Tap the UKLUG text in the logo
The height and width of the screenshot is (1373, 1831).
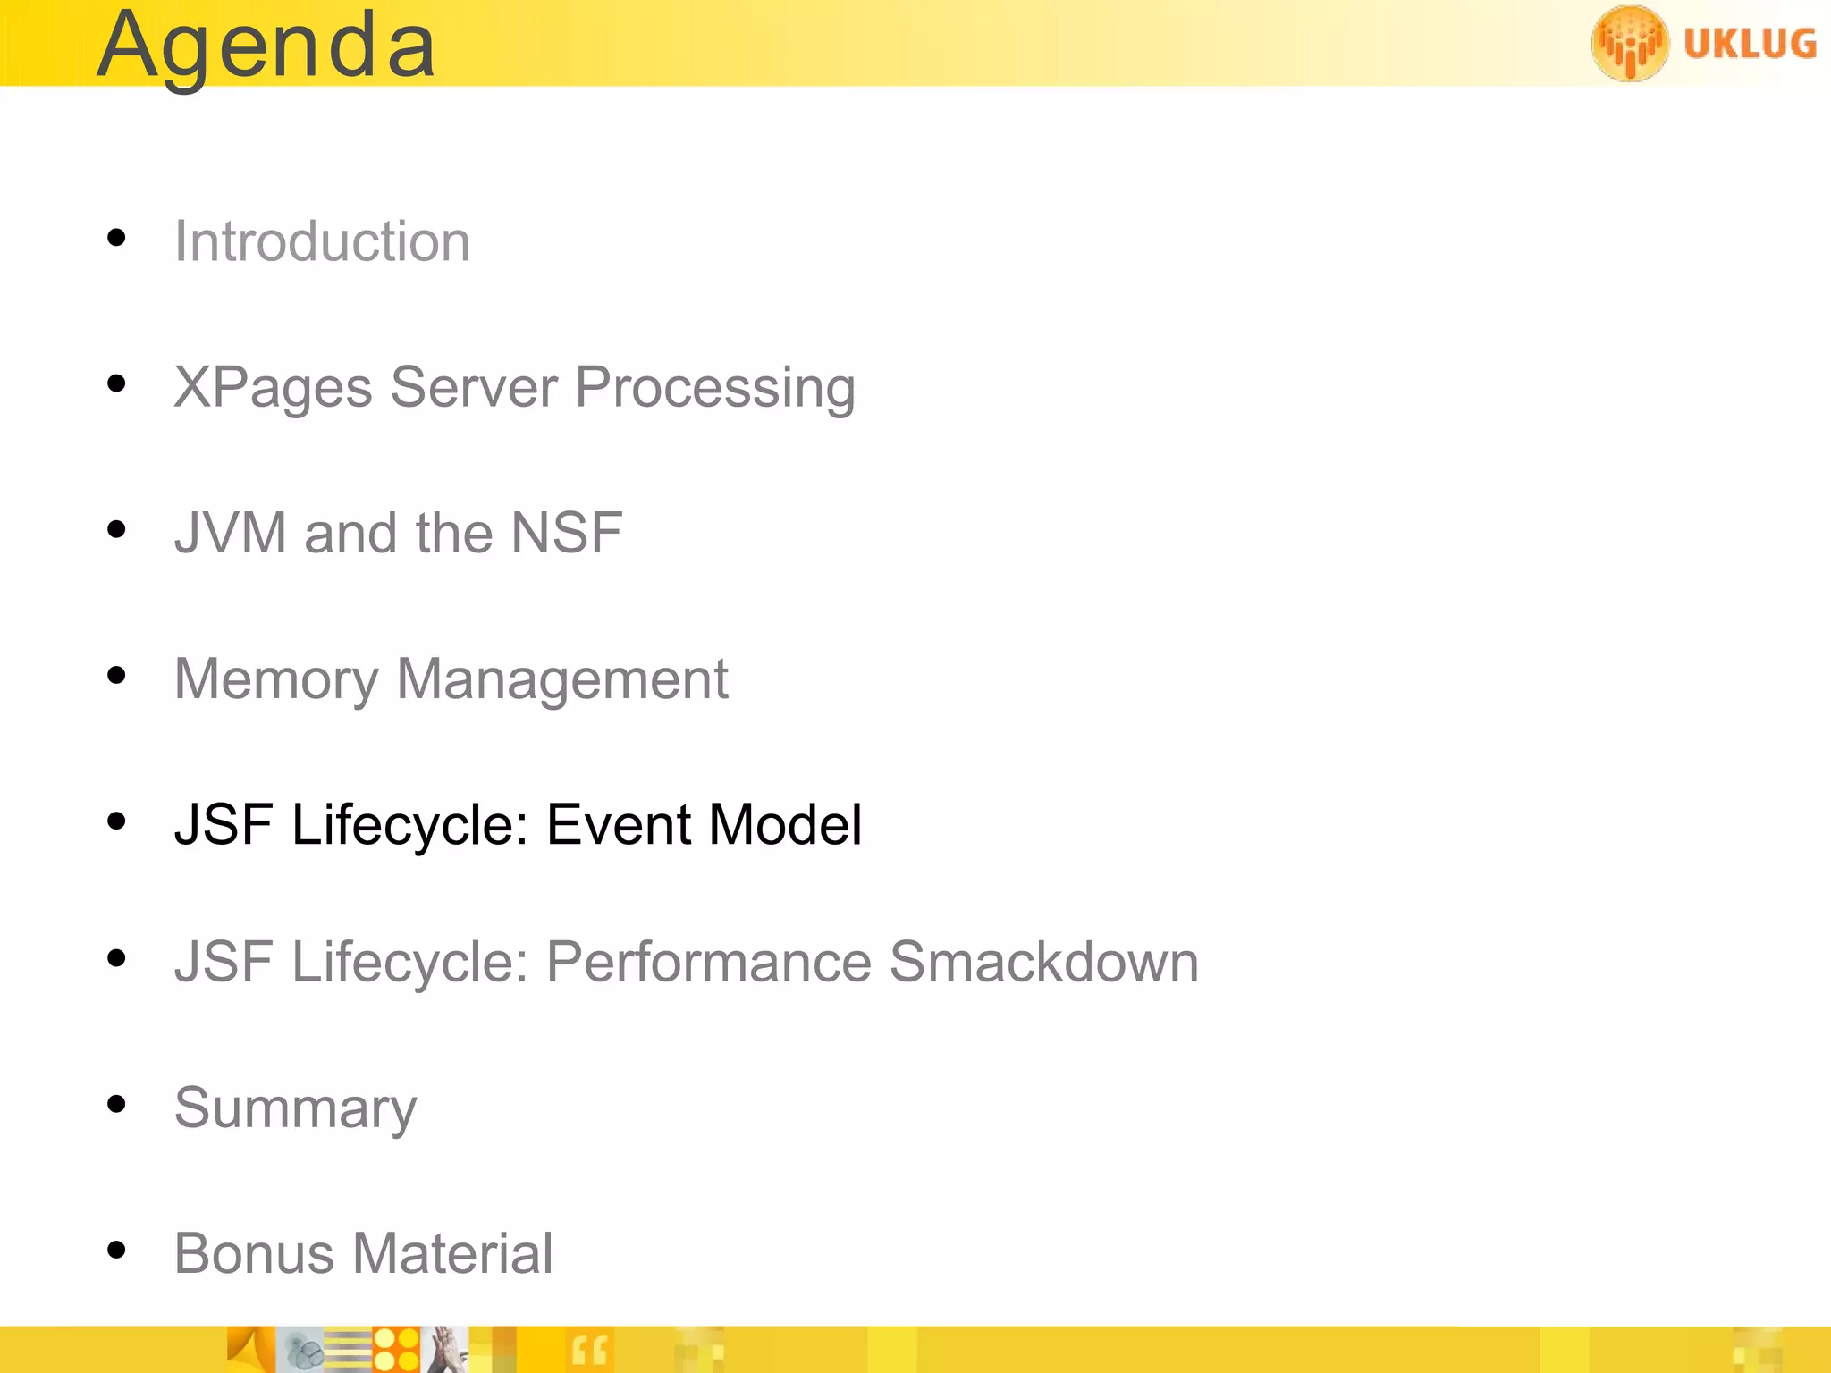[x=1750, y=44]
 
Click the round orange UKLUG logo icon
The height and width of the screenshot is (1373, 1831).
[x=1629, y=43]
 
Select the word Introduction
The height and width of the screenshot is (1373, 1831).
[x=322, y=241]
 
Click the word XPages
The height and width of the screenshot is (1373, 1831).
[x=273, y=388]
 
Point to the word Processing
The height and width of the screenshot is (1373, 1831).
[x=714, y=388]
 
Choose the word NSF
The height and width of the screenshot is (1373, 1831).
[x=566, y=533]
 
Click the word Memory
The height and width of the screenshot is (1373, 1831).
[x=276, y=679]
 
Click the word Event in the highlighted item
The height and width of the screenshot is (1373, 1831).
[x=618, y=824]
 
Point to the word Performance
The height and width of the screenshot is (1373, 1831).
[x=709, y=962]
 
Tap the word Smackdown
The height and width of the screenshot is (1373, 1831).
[x=1043, y=962]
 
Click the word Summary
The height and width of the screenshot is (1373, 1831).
[x=295, y=1108]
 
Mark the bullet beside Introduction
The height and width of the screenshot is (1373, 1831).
[x=116, y=238]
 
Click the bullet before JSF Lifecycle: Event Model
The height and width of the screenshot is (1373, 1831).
[x=116, y=821]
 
